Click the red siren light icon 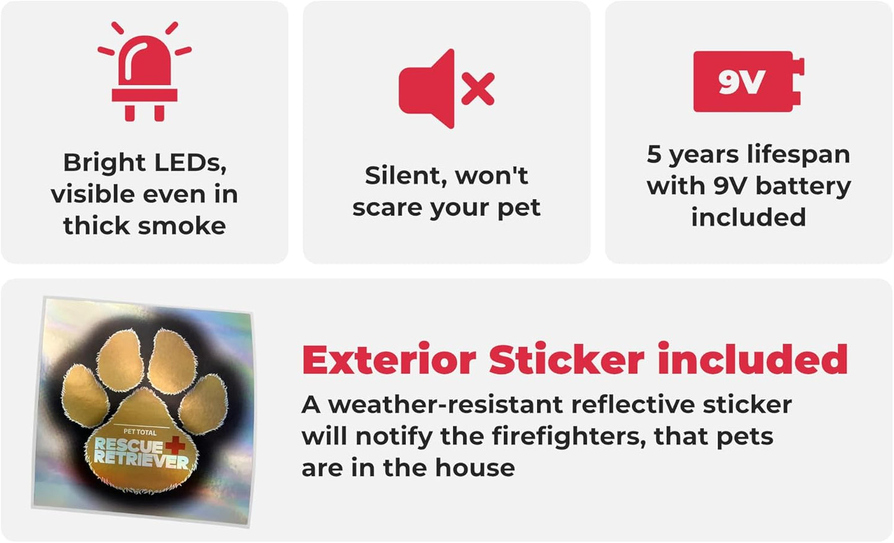pyautogui.click(x=145, y=72)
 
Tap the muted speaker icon pyautogui.click(x=446, y=88)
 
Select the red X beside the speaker pyautogui.click(x=478, y=88)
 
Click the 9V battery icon pyautogui.click(x=749, y=82)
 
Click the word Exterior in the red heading pyautogui.click(x=389, y=360)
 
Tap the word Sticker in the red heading pyautogui.click(x=566, y=360)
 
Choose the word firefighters pyautogui.click(x=569, y=436)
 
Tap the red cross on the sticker pyautogui.click(x=175, y=444)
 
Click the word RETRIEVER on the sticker pyautogui.click(x=141, y=461)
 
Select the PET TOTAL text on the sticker pyautogui.click(x=140, y=432)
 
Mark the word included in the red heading pyautogui.click(x=752, y=359)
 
